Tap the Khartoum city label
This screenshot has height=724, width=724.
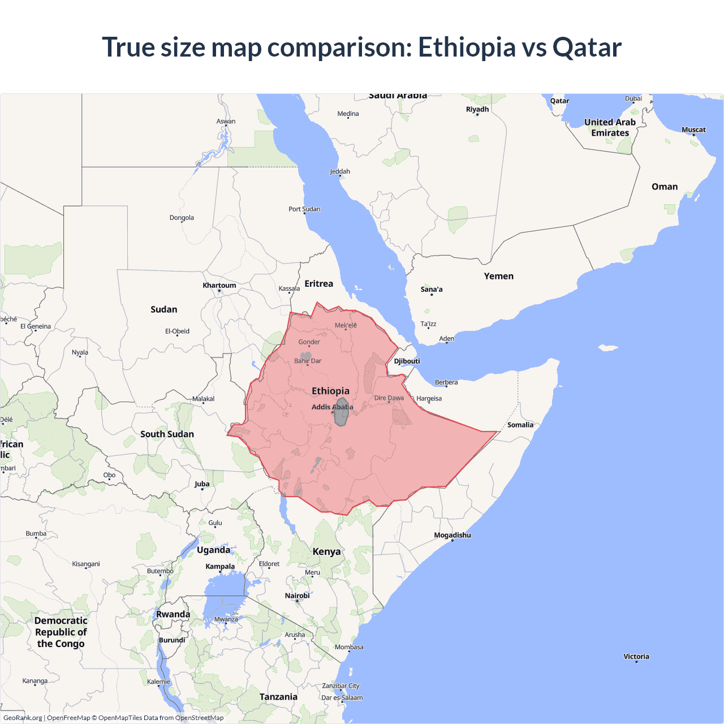tap(219, 285)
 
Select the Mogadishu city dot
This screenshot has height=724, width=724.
tap(452, 541)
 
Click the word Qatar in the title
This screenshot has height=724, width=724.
tap(587, 47)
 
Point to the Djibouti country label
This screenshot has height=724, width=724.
tap(407, 361)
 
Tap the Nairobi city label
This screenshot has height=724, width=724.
tap(297, 596)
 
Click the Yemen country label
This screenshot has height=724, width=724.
tap(498, 276)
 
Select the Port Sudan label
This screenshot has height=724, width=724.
tap(304, 209)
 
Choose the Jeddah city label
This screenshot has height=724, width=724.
tap(340, 171)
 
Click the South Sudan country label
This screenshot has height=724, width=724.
tap(167, 434)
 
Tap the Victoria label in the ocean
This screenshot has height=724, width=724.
tap(636, 656)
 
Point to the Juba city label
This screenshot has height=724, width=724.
tap(202, 484)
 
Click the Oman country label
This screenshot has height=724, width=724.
tap(664, 187)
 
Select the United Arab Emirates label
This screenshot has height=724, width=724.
tap(610, 127)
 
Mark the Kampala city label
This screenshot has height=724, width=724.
tap(220, 566)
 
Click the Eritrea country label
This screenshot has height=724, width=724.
tap(318, 283)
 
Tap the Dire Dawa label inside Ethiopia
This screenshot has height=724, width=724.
tap(389, 398)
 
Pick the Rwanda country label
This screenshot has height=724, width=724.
tap(173, 614)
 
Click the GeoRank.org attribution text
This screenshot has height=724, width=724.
tap(23, 718)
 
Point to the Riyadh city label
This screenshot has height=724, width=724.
tap(477, 109)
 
